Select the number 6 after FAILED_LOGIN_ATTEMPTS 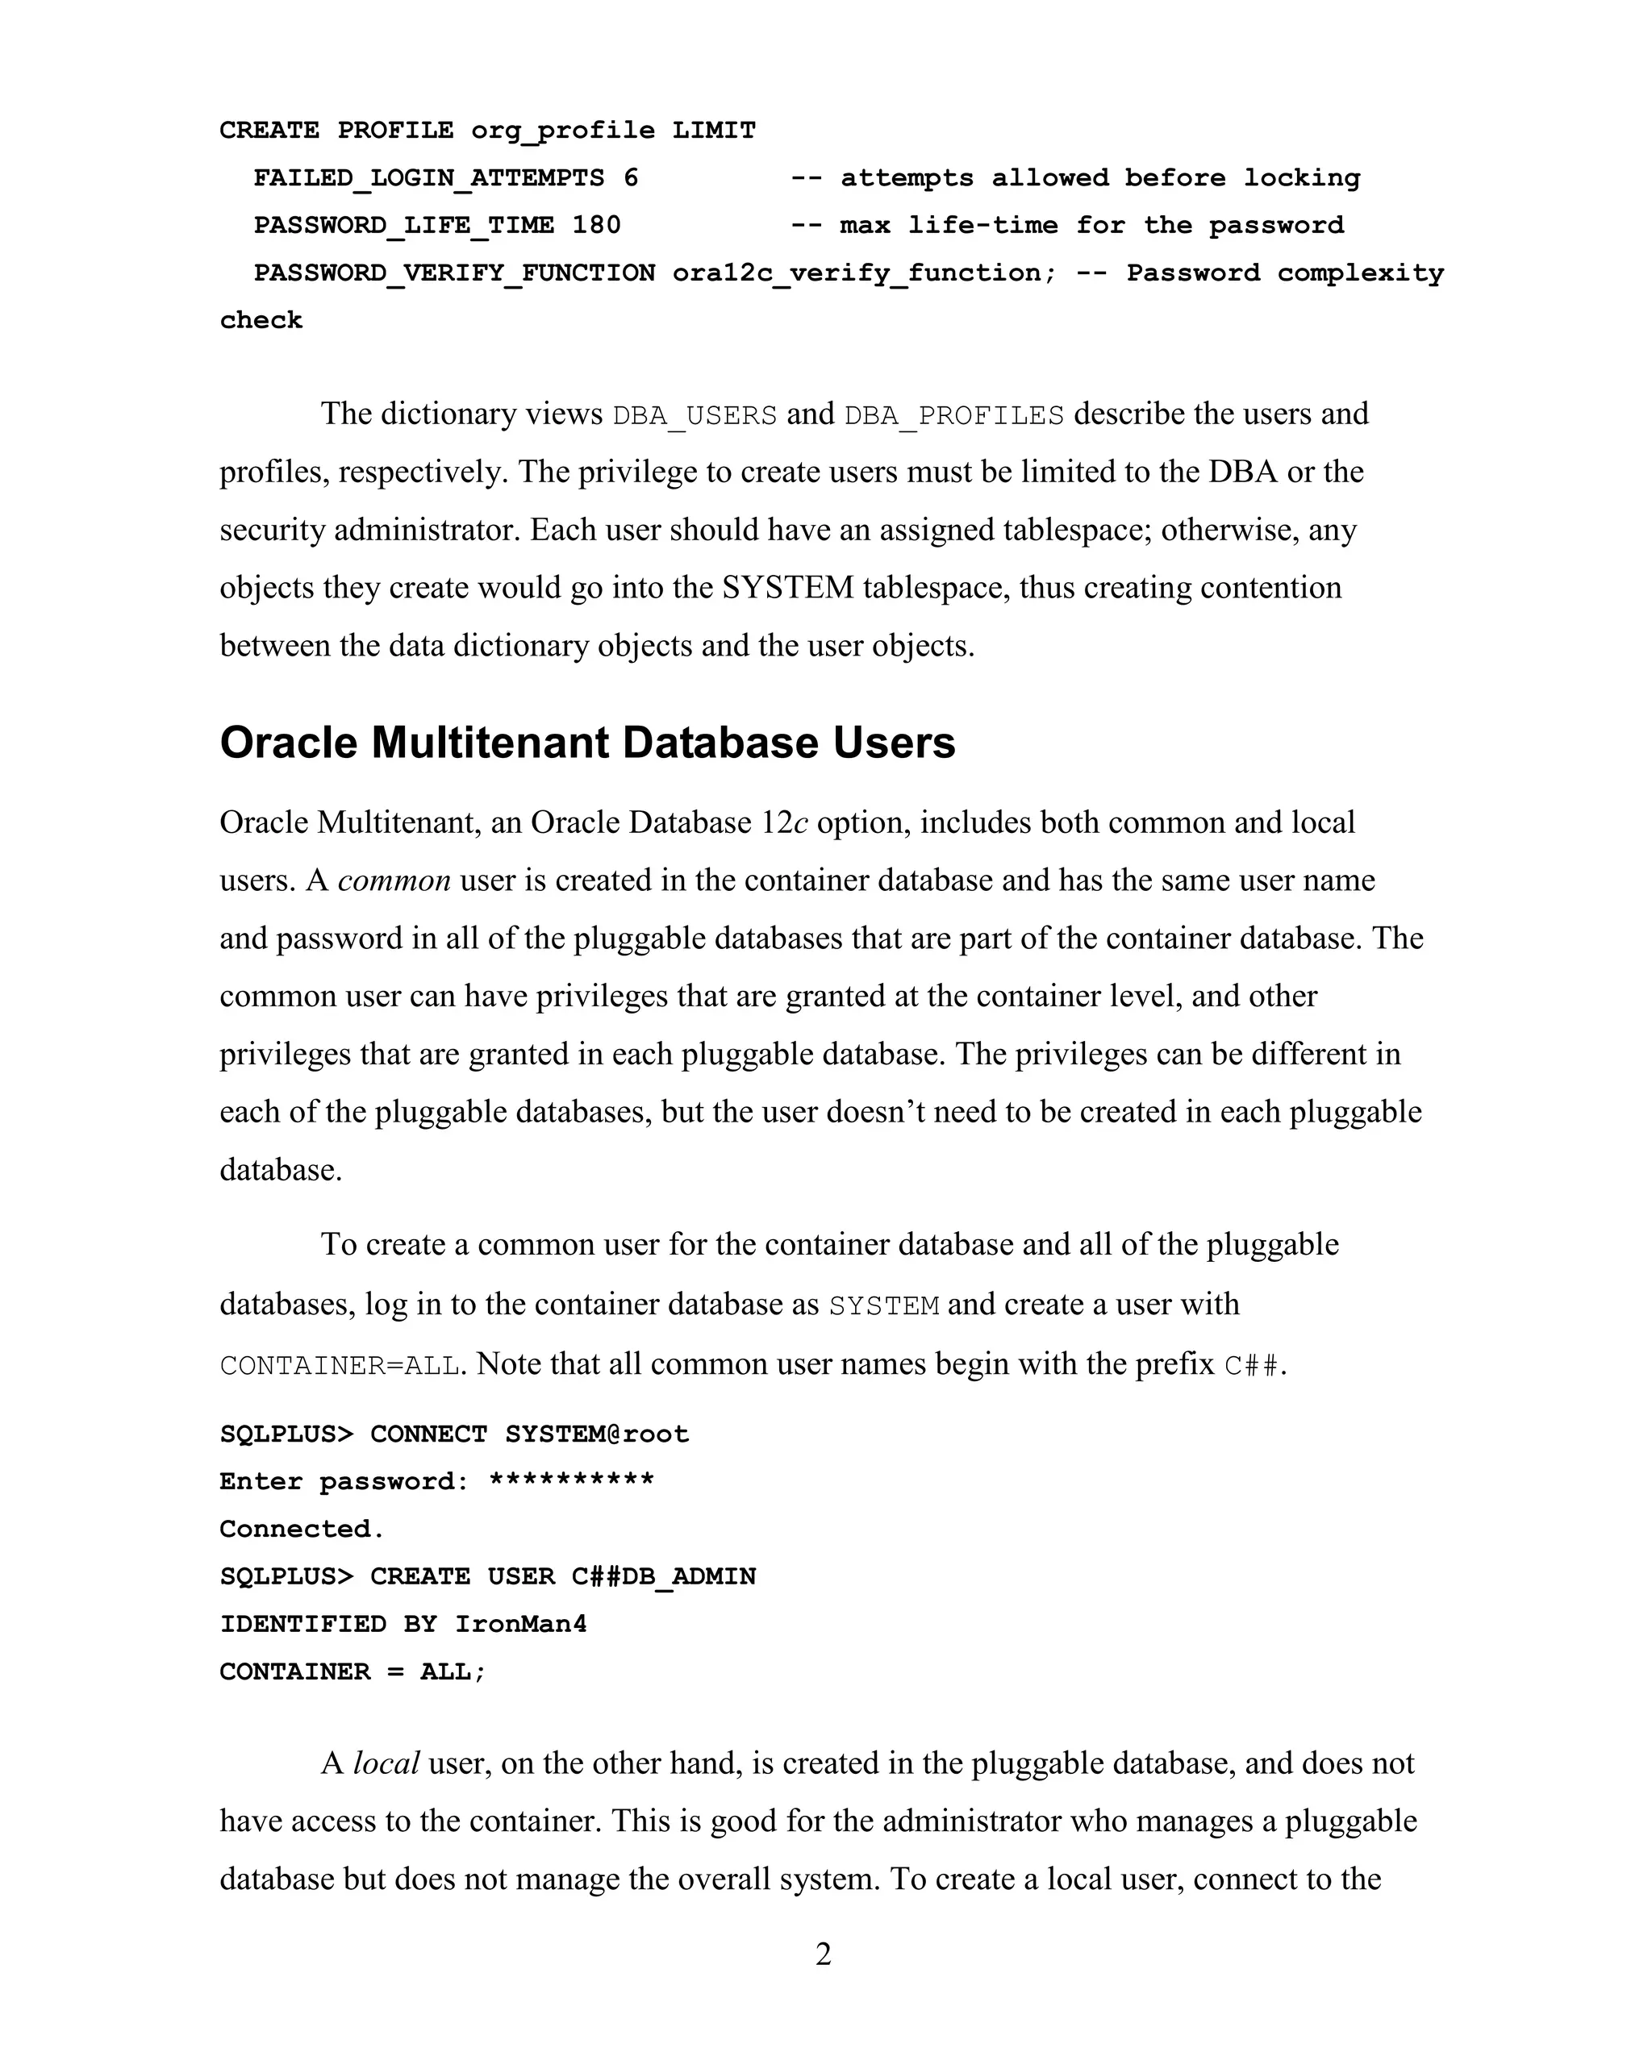click(631, 178)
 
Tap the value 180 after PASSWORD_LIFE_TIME click(597, 226)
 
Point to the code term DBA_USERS click(695, 416)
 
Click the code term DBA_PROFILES click(953, 416)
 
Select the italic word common click(394, 880)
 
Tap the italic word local click(386, 1763)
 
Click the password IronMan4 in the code click(520, 1624)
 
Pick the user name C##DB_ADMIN click(663, 1576)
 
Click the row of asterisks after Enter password click(571, 1480)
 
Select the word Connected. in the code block click(302, 1529)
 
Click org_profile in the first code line click(562, 131)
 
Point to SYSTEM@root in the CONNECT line click(597, 1434)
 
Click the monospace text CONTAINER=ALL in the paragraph click(340, 1365)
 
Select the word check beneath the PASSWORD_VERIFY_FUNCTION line click(261, 321)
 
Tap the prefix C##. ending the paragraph click(1254, 1365)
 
